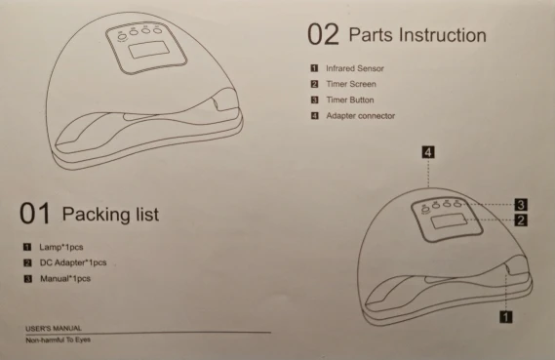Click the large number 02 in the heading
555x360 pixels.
point(323,34)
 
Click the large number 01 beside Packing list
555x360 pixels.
point(35,213)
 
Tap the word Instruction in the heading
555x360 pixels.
point(443,35)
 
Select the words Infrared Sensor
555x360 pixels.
point(355,68)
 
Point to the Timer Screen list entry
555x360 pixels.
point(351,84)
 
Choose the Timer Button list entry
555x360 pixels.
point(350,100)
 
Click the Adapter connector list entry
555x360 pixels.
point(360,116)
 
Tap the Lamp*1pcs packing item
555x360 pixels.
point(61,247)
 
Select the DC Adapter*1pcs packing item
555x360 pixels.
point(73,262)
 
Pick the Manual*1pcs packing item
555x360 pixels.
point(65,279)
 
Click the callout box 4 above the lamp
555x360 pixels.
point(428,152)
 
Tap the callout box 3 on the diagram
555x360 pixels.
point(521,205)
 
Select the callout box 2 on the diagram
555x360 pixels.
point(521,220)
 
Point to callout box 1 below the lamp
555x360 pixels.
point(506,316)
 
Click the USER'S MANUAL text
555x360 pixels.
point(54,329)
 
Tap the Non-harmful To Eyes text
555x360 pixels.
point(59,340)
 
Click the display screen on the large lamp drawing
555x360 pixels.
point(149,50)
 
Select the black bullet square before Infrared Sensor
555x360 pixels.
point(314,68)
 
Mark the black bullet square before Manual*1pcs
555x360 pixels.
point(28,279)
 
